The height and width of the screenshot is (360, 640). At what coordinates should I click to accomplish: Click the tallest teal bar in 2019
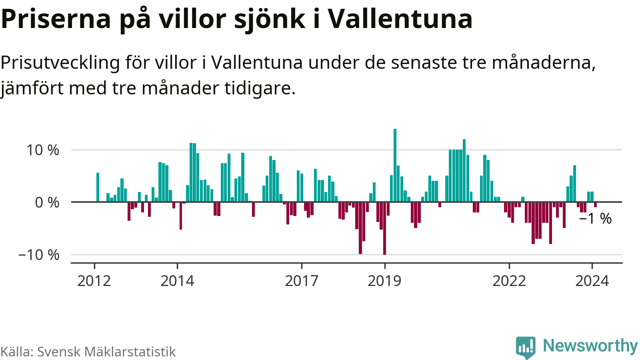(x=395, y=165)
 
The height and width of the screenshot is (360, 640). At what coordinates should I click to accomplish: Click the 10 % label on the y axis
(x=42, y=150)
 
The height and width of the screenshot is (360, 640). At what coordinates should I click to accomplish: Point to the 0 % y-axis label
(x=47, y=202)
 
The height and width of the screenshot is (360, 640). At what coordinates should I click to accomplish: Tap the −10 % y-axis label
(x=39, y=255)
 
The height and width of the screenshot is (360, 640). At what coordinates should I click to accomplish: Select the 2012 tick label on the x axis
(x=94, y=281)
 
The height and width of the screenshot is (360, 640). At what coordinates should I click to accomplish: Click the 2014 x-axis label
(x=177, y=281)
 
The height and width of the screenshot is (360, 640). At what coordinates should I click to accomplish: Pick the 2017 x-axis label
(x=302, y=281)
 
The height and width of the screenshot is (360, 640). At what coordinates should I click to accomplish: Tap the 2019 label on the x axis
(x=384, y=281)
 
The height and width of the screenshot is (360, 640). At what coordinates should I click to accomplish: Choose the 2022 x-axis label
(x=509, y=281)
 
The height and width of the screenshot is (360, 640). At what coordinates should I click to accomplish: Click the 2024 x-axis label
(x=592, y=281)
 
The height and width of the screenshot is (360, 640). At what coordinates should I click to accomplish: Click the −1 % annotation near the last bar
(x=595, y=219)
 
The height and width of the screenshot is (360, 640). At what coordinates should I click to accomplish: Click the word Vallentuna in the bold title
(x=400, y=19)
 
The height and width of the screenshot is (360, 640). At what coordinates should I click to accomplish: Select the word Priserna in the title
(x=56, y=19)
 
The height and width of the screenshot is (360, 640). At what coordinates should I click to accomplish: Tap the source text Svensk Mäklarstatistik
(x=106, y=352)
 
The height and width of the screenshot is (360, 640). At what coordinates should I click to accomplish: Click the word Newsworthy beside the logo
(x=590, y=346)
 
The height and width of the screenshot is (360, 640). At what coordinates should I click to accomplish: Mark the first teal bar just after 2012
(x=98, y=187)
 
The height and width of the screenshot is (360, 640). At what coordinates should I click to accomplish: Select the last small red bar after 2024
(x=595, y=204)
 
